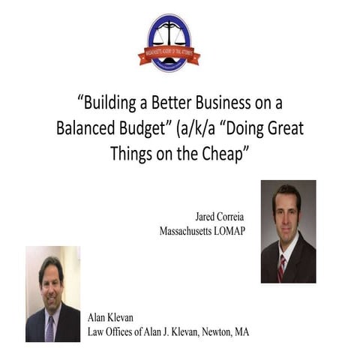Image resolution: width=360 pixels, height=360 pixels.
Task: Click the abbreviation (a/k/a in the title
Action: click(200, 127)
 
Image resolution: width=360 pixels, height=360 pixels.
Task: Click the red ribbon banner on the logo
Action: click(169, 55)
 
